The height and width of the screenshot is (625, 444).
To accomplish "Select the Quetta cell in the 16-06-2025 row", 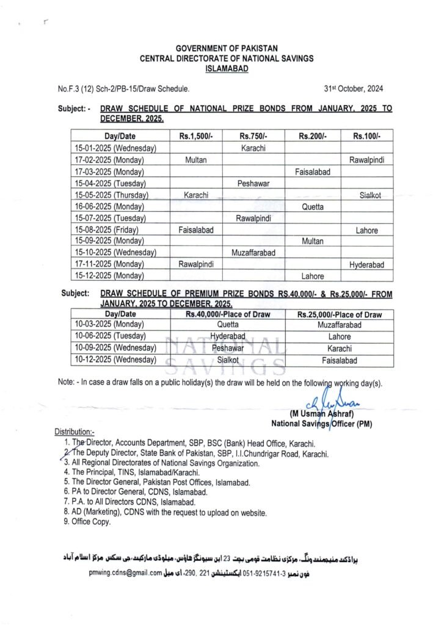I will point(313,206).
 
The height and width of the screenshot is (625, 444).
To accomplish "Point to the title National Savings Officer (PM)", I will point(322,423).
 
